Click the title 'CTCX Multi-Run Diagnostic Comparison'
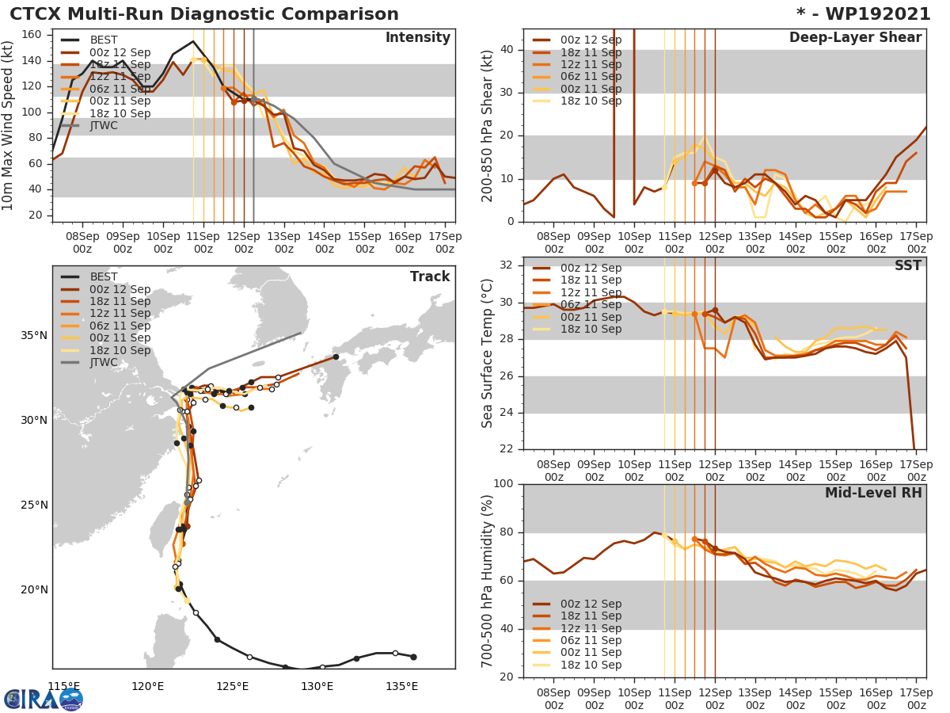[x=204, y=14]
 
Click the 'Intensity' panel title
[x=417, y=38]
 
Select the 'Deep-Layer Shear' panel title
[x=855, y=38]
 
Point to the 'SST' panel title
[x=907, y=266]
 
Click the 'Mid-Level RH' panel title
[x=873, y=493]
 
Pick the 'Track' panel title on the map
[x=429, y=276]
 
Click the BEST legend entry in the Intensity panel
[x=103, y=40]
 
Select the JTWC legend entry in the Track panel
[x=103, y=363]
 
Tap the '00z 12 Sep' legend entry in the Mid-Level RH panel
[x=590, y=604]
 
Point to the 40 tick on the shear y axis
[x=507, y=50]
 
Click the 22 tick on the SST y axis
[x=507, y=449]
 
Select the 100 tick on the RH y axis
[x=503, y=484]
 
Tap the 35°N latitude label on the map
[x=33, y=335]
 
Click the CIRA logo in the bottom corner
[x=44, y=699]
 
